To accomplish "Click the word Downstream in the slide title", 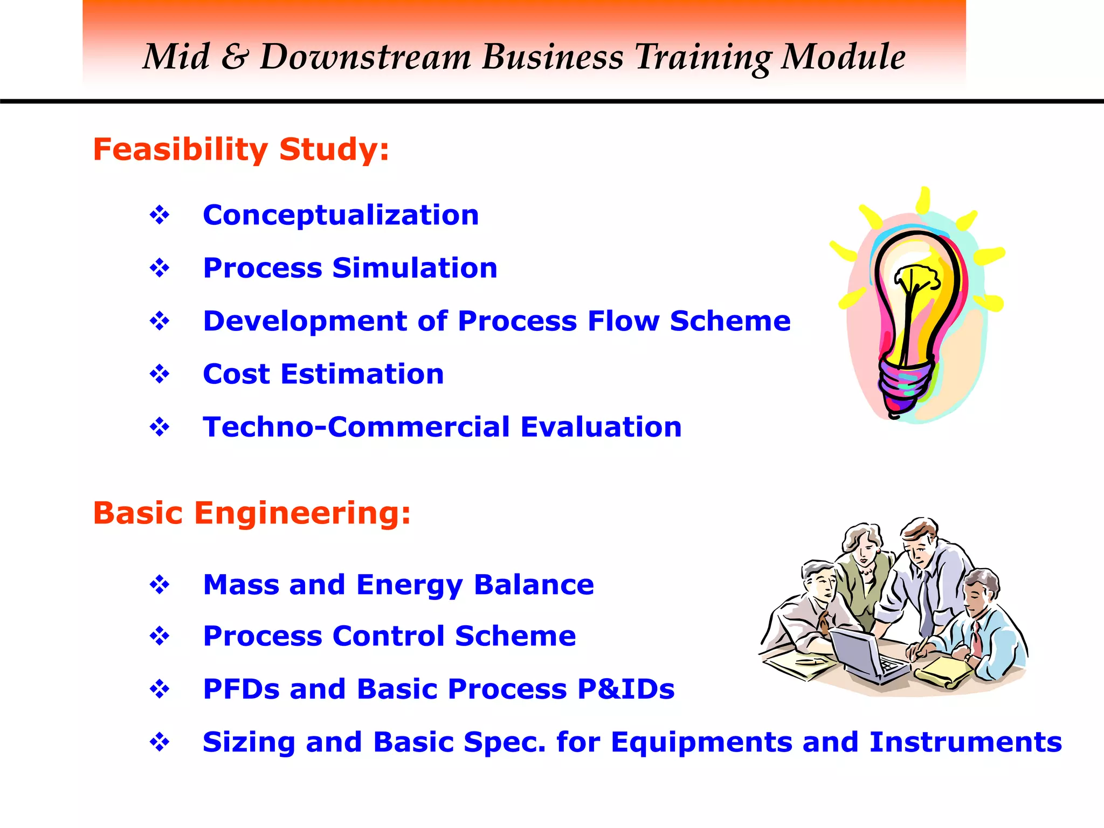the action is [x=365, y=57].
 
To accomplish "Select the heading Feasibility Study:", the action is [x=241, y=149].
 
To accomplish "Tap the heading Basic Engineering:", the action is [x=252, y=513].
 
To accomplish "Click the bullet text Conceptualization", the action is [x=341, y=216].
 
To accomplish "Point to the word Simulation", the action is [x=415, y=268].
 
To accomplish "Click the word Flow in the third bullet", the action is [x=624, y=321].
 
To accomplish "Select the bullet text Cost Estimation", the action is [x=323, y=374].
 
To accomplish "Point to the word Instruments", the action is [x=965, y=742].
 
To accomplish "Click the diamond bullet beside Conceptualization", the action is [x=160, y=216].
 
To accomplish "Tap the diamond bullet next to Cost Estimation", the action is [x=160, y=374].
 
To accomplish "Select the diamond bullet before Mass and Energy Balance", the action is [x=160, y=585].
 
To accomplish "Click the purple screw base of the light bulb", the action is [x=906, y=385].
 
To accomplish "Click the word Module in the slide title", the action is [x=843, y=57].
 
